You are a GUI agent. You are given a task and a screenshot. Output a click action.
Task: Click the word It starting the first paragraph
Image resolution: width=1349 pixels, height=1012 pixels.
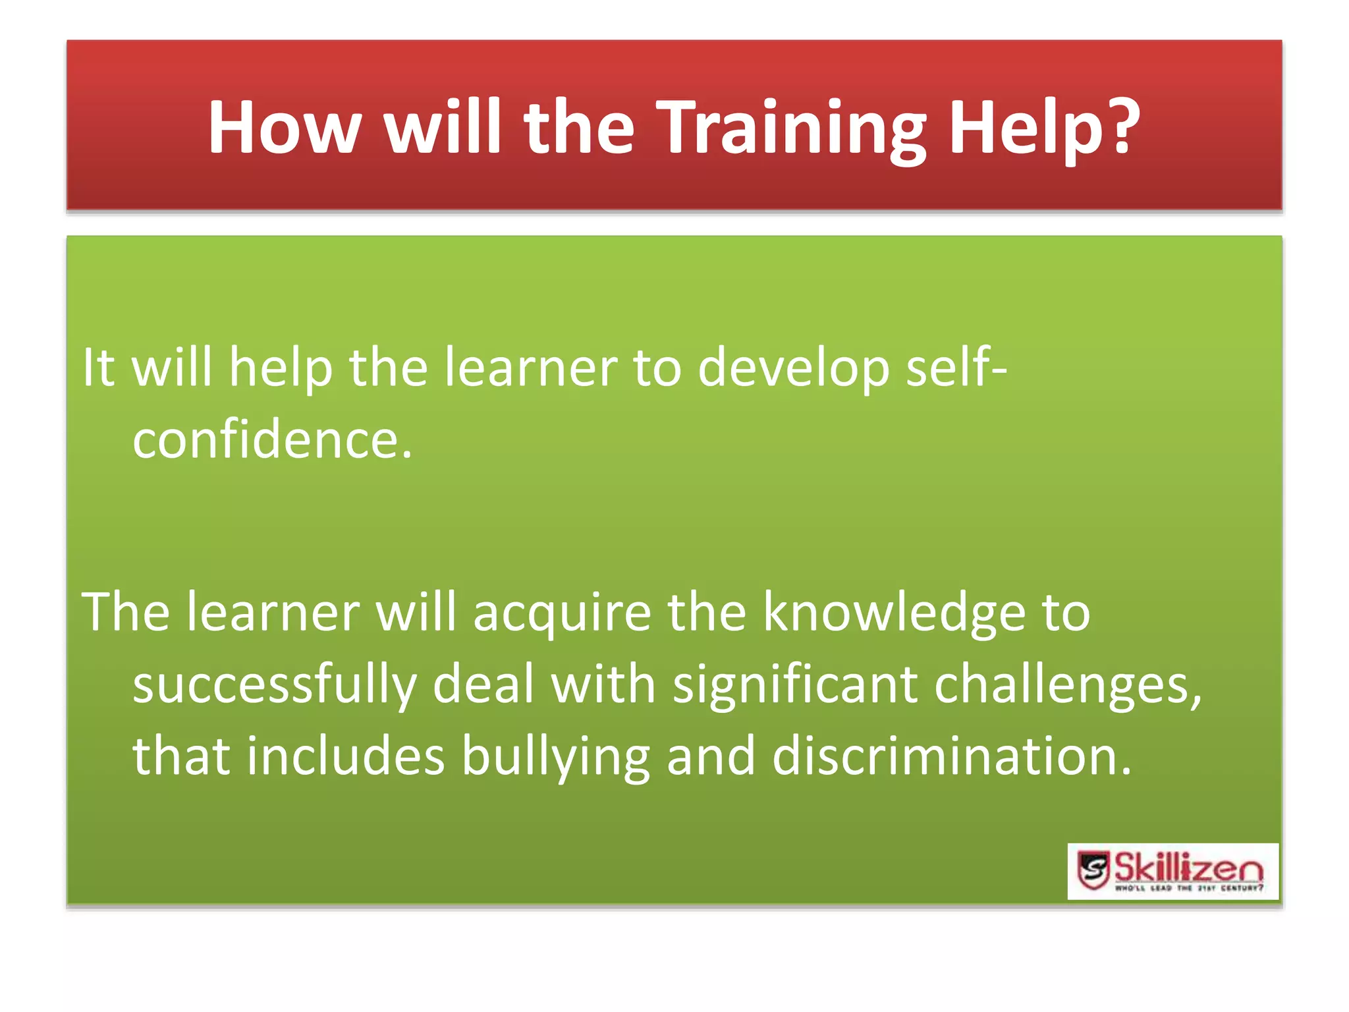[99, 367]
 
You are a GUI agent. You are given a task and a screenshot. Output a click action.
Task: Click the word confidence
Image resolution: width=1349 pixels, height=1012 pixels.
[271, 439]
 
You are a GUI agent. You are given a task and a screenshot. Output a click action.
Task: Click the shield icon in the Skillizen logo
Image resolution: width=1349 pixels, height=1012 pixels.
[1094, 870]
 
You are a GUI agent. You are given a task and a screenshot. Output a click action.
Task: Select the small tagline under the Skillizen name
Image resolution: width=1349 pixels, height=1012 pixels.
[1189, 889]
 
